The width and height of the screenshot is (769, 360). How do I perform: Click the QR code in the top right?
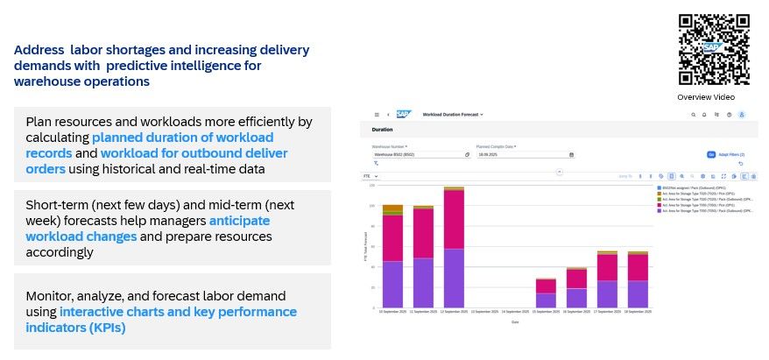point(713,49)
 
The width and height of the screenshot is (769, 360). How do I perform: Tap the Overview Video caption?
point(706,97)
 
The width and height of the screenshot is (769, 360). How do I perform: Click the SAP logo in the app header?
point(403,114)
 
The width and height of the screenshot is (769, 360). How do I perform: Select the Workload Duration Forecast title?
point(451,115)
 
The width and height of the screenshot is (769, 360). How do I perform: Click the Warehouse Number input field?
point(420,155)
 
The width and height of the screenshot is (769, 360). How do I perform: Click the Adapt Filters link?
point(731,155)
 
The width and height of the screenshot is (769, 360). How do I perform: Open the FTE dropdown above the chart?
point(370,176)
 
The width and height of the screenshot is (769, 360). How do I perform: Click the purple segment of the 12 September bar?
point(453,278)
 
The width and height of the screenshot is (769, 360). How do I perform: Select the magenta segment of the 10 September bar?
point(392,237)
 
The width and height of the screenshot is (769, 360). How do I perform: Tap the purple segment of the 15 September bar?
point(546,300)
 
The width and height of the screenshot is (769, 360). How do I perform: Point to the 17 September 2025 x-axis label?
point(608,312)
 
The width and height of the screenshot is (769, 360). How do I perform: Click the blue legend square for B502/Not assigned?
point(659,187)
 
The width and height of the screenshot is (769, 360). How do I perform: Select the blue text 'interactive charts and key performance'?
point(179,312)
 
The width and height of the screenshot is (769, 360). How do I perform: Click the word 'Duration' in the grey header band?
point(382,130)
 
